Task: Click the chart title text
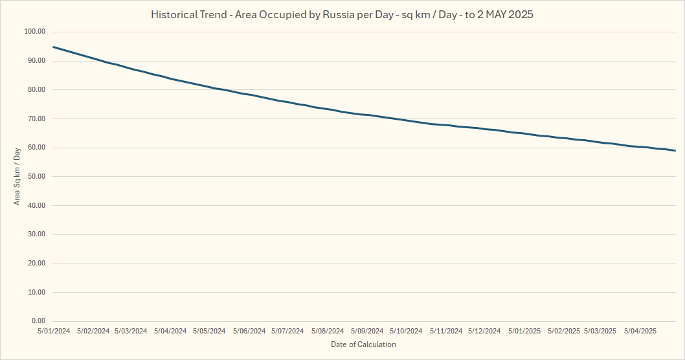342,14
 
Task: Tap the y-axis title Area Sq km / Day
17,176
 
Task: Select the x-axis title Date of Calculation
363,344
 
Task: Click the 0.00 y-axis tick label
37,321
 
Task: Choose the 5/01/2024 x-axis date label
54,331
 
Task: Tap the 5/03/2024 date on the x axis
131,331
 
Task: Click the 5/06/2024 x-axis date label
249,331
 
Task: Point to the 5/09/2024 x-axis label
366,331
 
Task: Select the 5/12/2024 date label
484,331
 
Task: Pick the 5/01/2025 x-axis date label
524,331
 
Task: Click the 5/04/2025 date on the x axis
640,331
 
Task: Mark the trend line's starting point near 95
54,47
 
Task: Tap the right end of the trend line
675,151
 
